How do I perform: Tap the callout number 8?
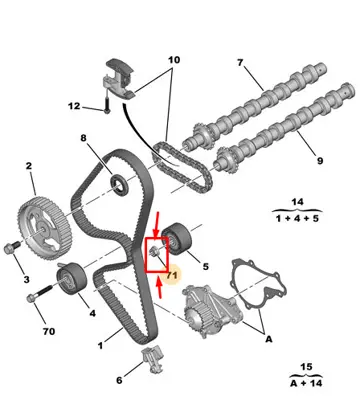click(84, 141)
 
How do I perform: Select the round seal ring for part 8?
click(119, 182)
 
